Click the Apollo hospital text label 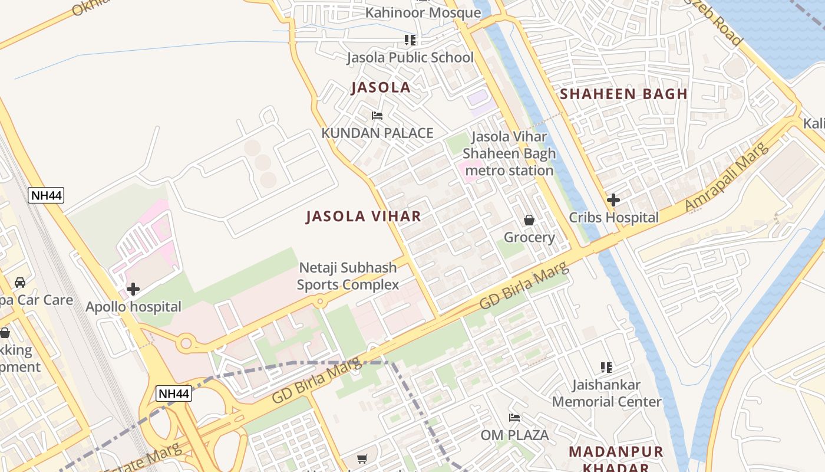point(133,307)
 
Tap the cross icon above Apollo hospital point(133,289)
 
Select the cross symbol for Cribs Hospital point(613,200)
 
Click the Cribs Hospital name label point(613,217)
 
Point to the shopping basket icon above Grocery point(529,220)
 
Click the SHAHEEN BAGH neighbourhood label point(623,94)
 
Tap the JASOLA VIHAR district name point(364,217)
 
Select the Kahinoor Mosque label point(423,12)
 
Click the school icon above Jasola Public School point(410,40)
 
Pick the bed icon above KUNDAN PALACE point(377,116)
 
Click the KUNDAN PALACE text point(377,133)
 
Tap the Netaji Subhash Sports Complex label point(348,276)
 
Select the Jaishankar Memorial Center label point(606,393)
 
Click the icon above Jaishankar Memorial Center point(606,368)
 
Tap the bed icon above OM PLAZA point(514,418)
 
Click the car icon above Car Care point(20,282)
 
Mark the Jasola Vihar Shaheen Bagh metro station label point(509,153)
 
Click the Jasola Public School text point(410,57)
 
